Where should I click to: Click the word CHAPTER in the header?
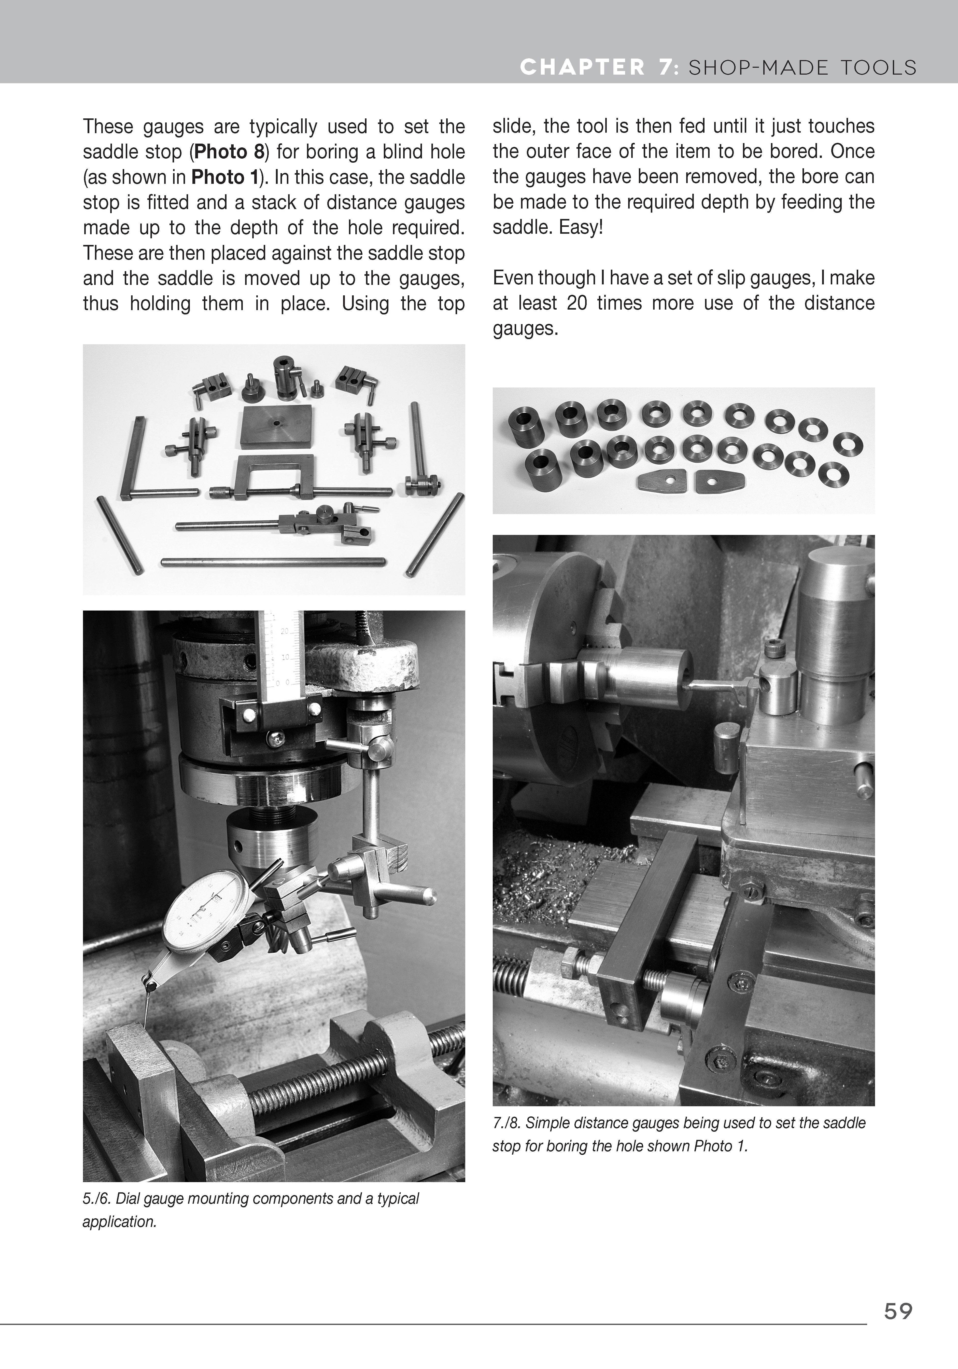tap(582, 67)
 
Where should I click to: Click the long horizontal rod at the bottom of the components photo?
tap(273, 562)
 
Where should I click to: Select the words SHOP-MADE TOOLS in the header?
tap(802, 67)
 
